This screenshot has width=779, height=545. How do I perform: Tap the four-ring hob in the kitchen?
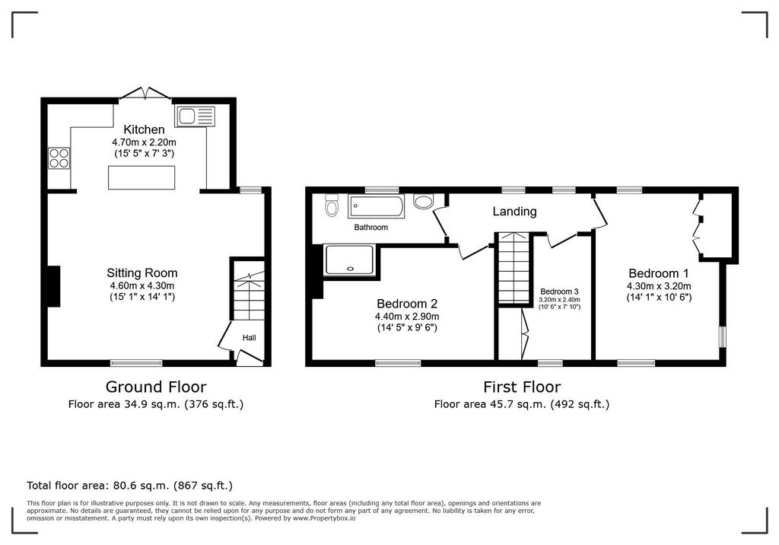pos(59,158)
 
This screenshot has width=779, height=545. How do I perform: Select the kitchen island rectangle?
pos(141,177)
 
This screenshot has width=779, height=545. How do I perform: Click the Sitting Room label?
pos(142,273)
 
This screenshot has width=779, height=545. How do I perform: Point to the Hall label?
pos(250,338)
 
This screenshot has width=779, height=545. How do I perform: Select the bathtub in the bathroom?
pos(376,206)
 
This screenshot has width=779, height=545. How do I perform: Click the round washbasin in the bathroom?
pos(423,202)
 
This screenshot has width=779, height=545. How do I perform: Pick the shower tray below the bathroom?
pos(348,260)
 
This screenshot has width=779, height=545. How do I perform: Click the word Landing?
pos(515,212)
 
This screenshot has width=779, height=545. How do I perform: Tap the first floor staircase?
pos(514,268)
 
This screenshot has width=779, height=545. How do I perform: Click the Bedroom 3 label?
pos(559,292)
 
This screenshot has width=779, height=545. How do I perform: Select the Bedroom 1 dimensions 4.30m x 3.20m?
pos(659,286)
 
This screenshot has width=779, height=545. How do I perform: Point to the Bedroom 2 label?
pos(407,304)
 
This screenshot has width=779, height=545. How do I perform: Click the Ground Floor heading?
pos(156,387)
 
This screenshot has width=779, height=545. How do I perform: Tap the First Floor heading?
pos(522,387)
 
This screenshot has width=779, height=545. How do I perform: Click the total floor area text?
pos(129,486)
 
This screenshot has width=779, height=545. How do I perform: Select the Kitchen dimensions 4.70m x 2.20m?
pos(144,142)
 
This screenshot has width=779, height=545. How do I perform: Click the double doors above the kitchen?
pos(145,94)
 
